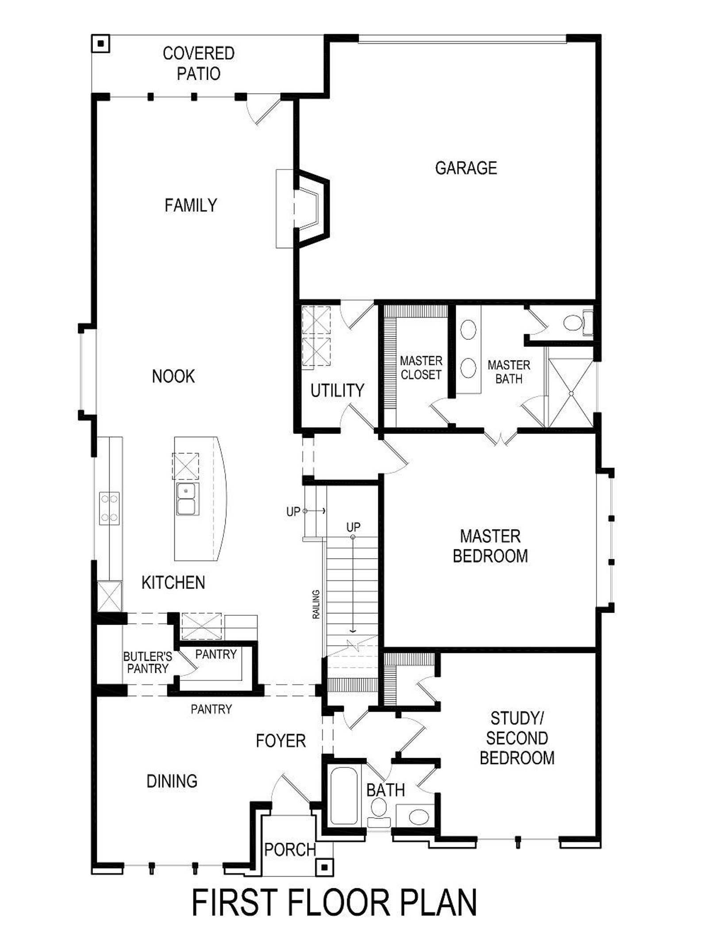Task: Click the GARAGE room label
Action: click(x=466, y=168)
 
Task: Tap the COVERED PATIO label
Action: click(x=199, y=63)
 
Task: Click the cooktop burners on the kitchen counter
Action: click(x=109, y=508)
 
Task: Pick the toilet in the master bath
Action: click(x=578, y=323)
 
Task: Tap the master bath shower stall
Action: click(x=571, y=393)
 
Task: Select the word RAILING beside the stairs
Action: click(x=316, y=604)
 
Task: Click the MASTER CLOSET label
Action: click(x=421, y=368)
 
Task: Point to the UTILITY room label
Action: click(x=337, y=391)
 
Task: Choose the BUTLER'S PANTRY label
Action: click(x=147, y=663)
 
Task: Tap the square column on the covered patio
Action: click(x=101, y=43)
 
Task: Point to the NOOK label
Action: click(x=173, y=376)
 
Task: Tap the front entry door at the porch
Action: click(x=290, y=791)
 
